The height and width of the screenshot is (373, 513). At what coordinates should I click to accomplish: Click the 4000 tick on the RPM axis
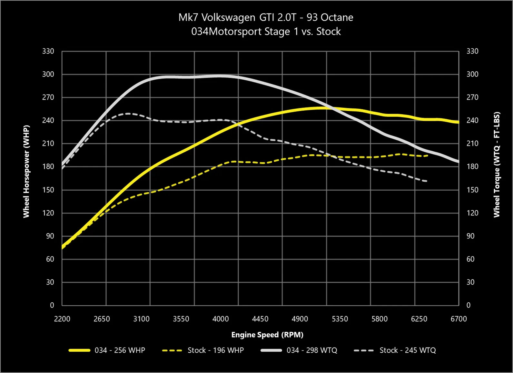click(x=221, y=319)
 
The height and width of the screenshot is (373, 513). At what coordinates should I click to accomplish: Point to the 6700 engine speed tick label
click(x=459, y=319)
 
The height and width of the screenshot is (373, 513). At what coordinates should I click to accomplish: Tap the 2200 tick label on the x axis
click(x=62, y=319)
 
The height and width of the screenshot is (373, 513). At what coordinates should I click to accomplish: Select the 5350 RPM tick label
click(x=340, y=319)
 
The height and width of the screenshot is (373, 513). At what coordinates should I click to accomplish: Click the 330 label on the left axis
click(x=48, y=51)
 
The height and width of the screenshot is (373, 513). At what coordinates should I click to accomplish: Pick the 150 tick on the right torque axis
click(x=472, y=190)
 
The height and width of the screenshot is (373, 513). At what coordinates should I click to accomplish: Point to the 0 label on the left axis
click(x=52, y=305)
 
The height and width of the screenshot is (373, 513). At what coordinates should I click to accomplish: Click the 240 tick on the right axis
click(x=472, y=120)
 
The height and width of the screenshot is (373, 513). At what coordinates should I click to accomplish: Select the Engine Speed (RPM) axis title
click(x=267, y=335)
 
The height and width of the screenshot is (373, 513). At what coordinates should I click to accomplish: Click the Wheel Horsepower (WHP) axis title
click(x=26, y=171)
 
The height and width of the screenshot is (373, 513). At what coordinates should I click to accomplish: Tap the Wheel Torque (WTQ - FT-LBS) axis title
click(x=497, y=165)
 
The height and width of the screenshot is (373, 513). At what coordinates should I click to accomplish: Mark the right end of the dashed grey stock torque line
click(x=427, y=181)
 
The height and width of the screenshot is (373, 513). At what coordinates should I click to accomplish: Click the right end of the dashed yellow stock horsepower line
click(x=428, y=156)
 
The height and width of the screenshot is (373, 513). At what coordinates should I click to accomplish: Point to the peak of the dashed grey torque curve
click(x=128, y=114)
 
